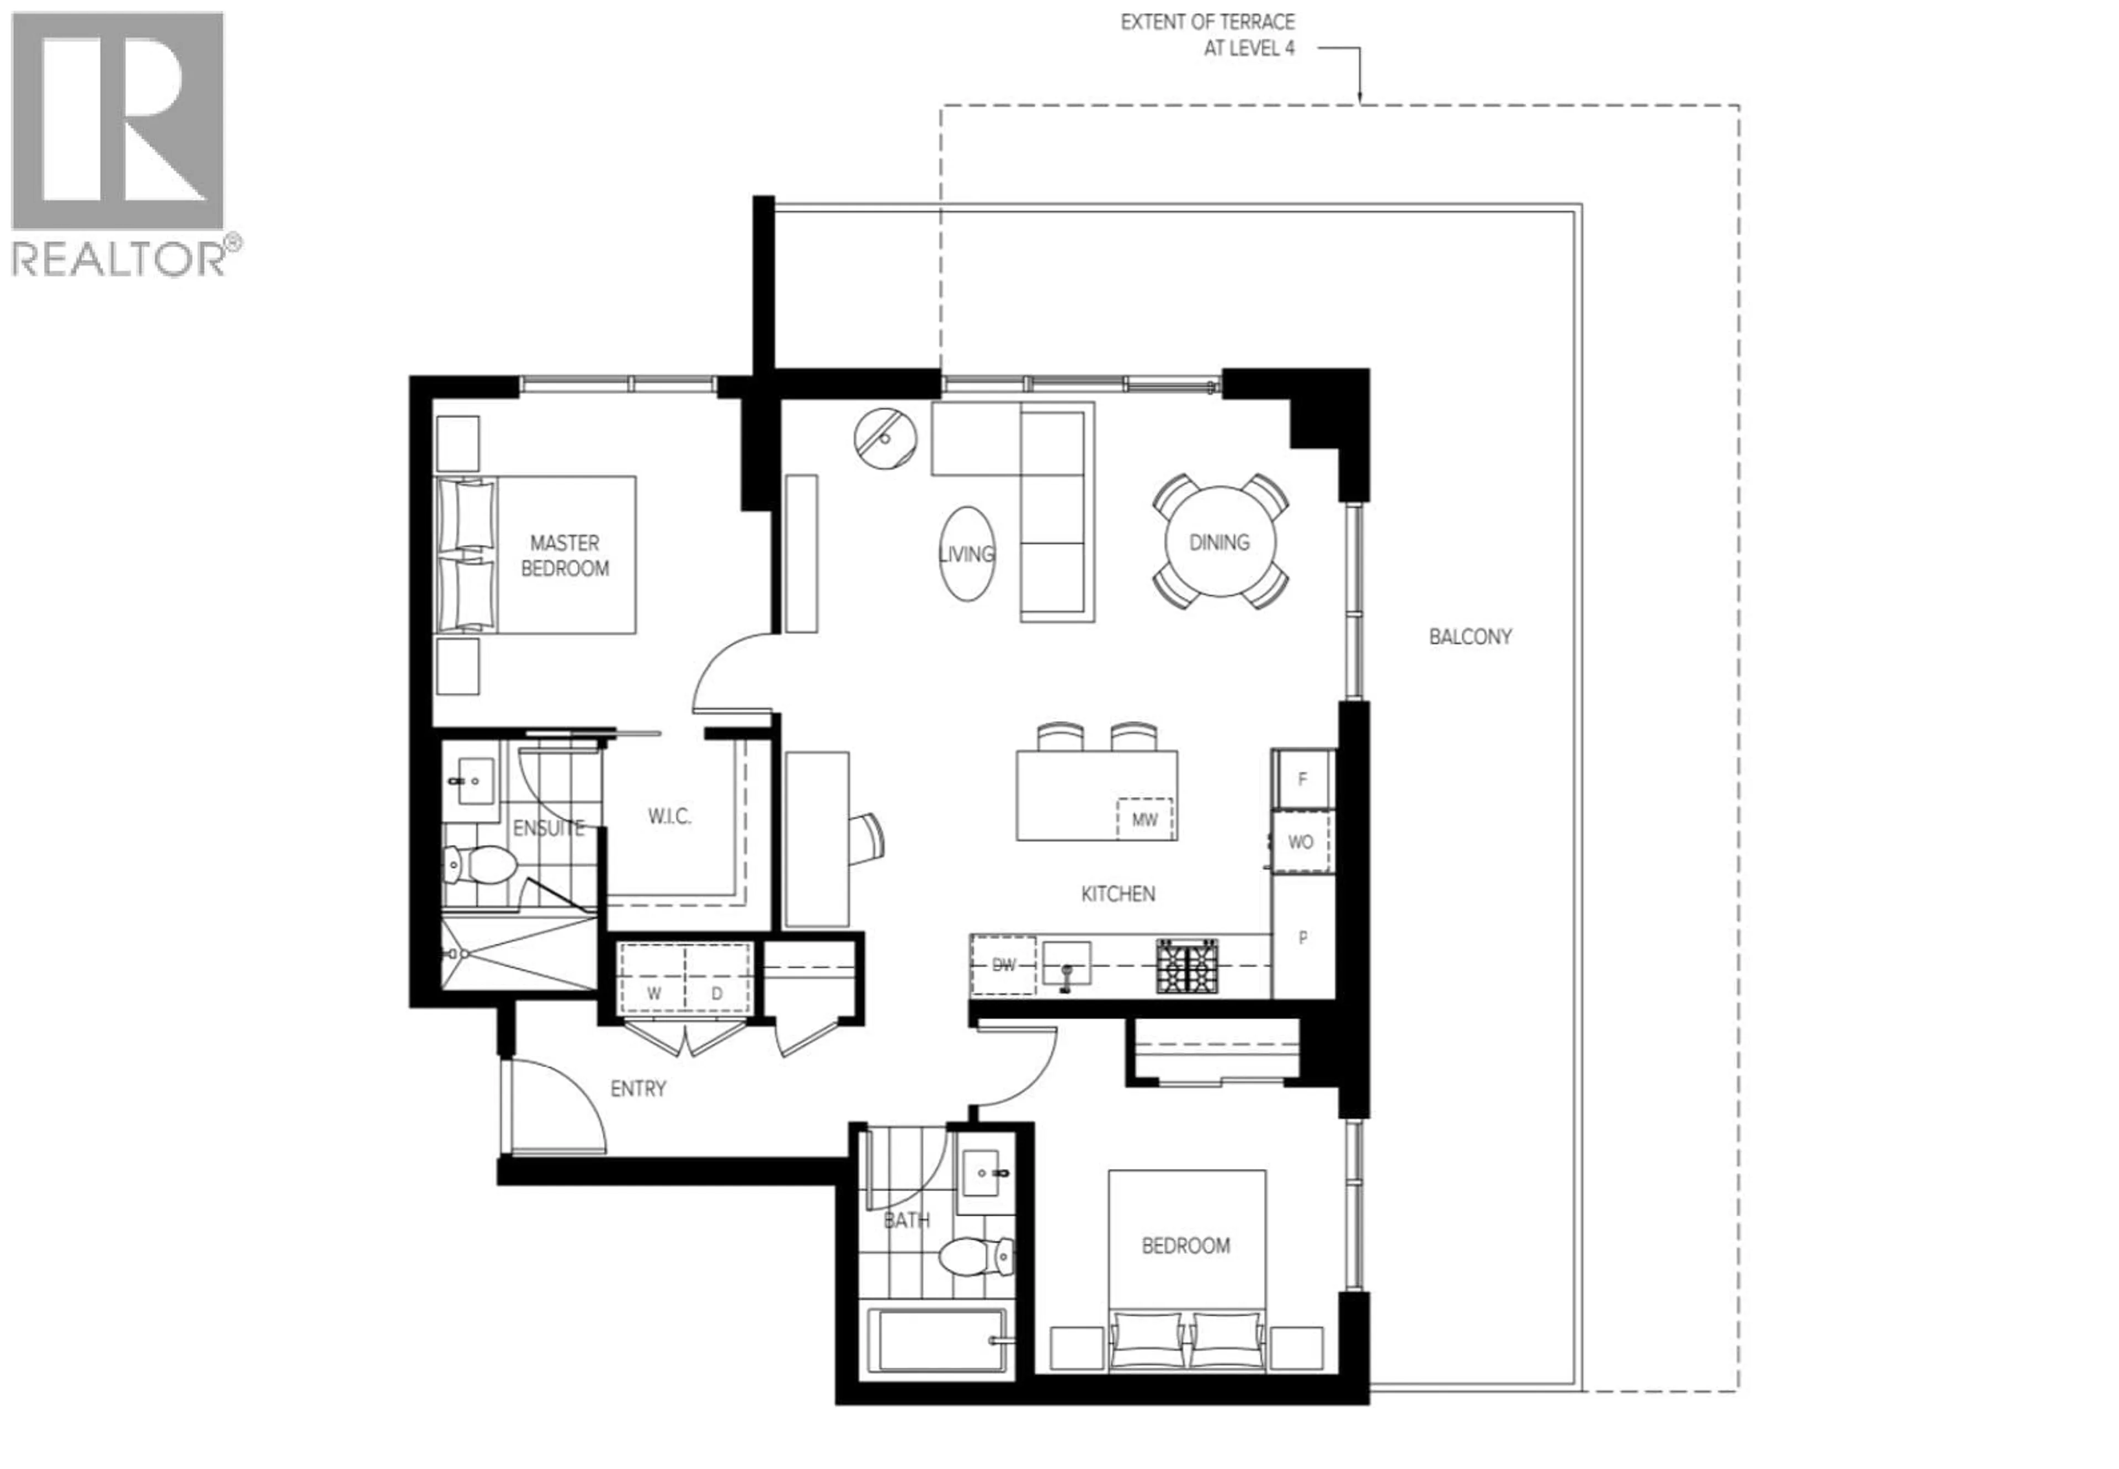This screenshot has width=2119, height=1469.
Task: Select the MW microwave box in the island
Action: pyautogui.click(x=1144, y=818)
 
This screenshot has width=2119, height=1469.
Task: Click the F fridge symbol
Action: pyautogui.click(x=1302, y=779)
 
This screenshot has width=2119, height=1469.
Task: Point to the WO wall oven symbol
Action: pyautogui.click(x=1300, y=841)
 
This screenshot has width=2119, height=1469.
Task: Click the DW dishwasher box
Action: pyautogui.click(x=1003, y=965)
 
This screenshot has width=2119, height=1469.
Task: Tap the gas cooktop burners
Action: pyautogui.click(x=1186, y=965)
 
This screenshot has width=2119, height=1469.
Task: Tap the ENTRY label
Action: pyautogui.click(x=638, y=1089)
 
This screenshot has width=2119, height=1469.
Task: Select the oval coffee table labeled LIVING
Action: pyautogui.click(x=967, y=553)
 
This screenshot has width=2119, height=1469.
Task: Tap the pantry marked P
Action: pyautogui.click(x=1302, y=938)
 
